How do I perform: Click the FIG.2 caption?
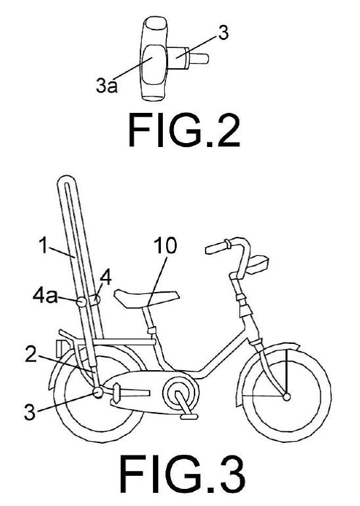184,131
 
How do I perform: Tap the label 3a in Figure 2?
106,86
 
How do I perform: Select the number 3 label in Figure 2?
223,33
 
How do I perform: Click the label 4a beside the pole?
45,296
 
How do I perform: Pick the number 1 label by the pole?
43,245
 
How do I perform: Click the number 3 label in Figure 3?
30,412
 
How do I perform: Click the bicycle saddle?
147,298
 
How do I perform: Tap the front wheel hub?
286,396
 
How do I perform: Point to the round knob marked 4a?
81,302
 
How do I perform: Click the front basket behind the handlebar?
258,263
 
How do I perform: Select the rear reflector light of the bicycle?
60,348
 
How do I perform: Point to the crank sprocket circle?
181,394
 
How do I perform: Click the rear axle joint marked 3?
98,392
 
